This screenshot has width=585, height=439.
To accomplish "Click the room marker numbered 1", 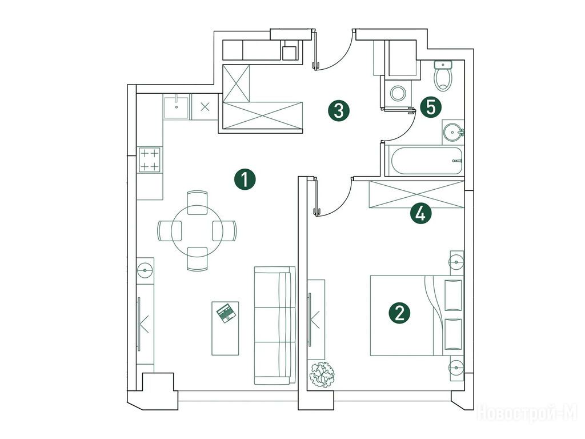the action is [245, 179].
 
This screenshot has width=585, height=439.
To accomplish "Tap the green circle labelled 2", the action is [399, 313].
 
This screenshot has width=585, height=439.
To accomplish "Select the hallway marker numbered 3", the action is [338, 110].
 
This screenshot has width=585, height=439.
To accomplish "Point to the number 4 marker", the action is [420, 214].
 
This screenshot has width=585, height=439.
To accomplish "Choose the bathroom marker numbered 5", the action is [431, 107].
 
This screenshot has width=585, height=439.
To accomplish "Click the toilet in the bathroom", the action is [443, 76].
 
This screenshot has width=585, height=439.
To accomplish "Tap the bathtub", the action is [425, 161].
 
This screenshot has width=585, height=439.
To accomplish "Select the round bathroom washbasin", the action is [453, 132].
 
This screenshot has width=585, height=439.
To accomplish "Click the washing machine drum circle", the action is [398, 93].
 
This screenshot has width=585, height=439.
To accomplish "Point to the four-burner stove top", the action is [150, 160].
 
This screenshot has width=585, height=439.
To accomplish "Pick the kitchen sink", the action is [176, 106].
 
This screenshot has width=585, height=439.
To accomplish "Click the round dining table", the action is [197, 231].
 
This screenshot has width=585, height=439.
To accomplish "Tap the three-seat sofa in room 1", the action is [275, 325].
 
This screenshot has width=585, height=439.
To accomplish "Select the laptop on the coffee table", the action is [226, 313].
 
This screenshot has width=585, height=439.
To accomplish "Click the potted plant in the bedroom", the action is [322, 374].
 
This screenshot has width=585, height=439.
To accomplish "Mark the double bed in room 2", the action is [416, 316].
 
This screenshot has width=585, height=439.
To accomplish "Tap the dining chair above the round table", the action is [197, 203].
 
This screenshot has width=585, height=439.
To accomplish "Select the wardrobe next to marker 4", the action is [416, 194].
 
